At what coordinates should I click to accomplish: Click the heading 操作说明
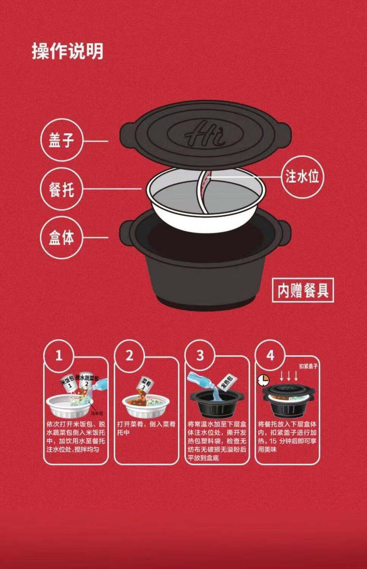pos(67,51)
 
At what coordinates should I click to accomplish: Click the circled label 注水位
pos(302,176)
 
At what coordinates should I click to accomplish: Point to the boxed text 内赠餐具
pos(303,290)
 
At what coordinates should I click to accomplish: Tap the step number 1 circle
pos(59,356)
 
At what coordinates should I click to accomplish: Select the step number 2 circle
pos(129,356)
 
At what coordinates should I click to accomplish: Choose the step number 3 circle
pos(200,356)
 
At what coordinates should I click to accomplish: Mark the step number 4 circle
pos(270,356)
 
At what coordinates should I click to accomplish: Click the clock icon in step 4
pos(262,380)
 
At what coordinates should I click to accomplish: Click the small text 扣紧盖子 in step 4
pos(308,366)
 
